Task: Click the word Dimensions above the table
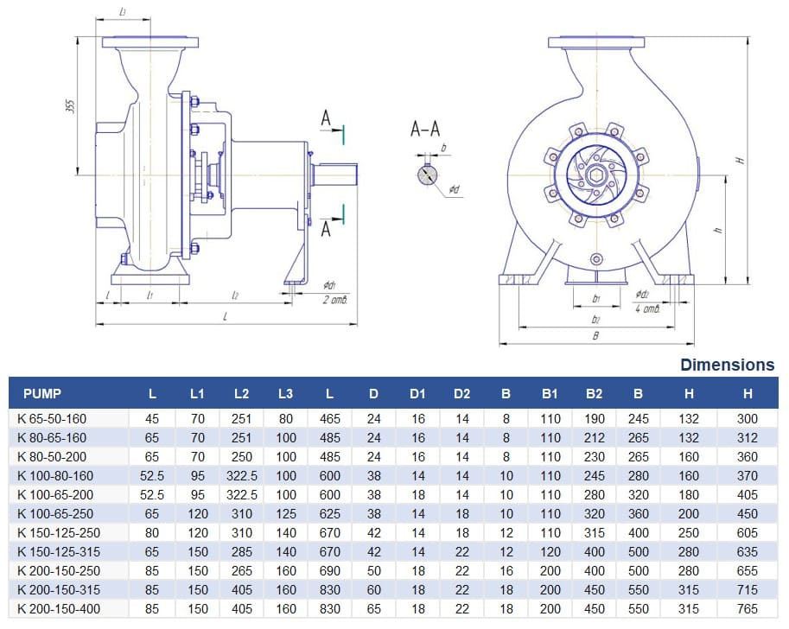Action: click(727, 365)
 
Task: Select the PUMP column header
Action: click(42, 394)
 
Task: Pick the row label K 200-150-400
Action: click(59, 609)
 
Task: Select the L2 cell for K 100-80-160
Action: click(241, 475)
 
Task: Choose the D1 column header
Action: click(417, 394)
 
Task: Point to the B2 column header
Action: click(594, 394)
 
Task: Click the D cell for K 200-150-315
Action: click(373, 590)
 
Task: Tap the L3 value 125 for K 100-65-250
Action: click(285, 513)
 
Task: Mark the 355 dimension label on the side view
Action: click(71, 105)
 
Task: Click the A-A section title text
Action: click(425, 130)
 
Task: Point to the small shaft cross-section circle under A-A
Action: click(428, 175)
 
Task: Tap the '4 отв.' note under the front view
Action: click(646, 308)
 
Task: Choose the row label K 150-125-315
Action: click(59, 551)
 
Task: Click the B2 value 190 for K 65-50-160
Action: click(594, 418)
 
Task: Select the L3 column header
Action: click(285, 394)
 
